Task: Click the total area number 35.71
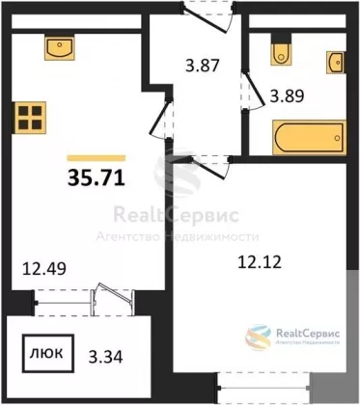tap(97, 177)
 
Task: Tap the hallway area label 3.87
tap(203, 66)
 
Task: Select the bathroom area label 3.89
tap(287, 95)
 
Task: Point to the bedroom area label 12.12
tap(260, 261)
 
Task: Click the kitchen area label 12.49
tap(44, 269)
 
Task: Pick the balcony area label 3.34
tap(105, 357)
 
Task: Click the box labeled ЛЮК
tap(48, 354)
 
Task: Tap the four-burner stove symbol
tap(29, 118)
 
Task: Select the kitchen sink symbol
tap(59, 48)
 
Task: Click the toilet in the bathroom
tap(281, 50)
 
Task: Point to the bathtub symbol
tap(309, 137)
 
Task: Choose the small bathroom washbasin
tap(336, 62)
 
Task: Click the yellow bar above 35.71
tap(97, 158)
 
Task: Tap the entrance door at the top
tap(208, 17)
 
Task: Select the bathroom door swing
tap(253, 92)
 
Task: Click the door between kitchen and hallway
tap(161, 120)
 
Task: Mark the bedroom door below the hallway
tap(210, 167)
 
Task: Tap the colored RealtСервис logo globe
tap(258, 337)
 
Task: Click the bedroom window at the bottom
tap(263, 388)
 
